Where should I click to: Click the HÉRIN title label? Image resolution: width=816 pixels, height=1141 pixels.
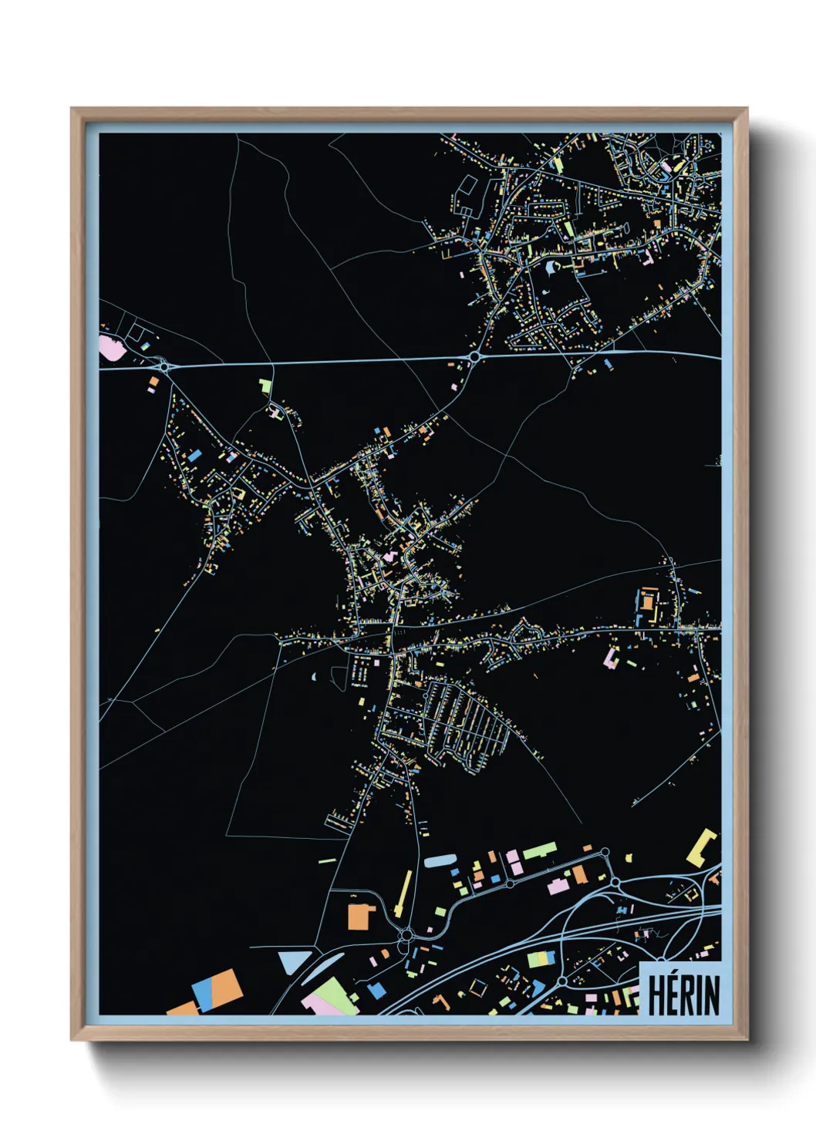coord(683,995)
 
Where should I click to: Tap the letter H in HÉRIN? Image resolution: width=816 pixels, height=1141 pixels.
coord(657,995)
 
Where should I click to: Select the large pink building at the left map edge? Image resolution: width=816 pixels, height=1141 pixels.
coord(112,347)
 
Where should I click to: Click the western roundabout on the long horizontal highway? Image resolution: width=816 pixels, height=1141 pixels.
coord(164,366)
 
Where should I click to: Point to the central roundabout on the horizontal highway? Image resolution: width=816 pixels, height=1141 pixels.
coord(474,356)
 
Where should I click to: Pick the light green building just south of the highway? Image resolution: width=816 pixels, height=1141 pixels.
coord(266,385)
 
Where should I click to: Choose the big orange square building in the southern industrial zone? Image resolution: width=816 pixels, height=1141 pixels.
coord(359,917)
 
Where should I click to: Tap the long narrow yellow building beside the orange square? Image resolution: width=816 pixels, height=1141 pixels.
coord(403,894)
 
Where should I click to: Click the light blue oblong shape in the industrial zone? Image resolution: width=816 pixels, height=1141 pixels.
coord(440,860)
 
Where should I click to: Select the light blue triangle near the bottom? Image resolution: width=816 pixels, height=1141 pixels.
coord(292,961)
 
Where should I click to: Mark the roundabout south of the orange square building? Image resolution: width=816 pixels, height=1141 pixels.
coord(406,936)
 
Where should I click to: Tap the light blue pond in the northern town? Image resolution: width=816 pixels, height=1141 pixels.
coord(548,268)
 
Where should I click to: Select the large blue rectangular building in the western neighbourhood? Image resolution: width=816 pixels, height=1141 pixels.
coord(195,455)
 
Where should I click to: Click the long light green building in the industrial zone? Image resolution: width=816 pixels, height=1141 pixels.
coord(541,851)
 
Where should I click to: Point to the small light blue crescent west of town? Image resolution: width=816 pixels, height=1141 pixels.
coord(315,676)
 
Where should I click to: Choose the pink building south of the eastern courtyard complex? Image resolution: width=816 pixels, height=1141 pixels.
coord(611,658)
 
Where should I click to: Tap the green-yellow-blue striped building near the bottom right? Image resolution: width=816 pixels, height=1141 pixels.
coord(541,958)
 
